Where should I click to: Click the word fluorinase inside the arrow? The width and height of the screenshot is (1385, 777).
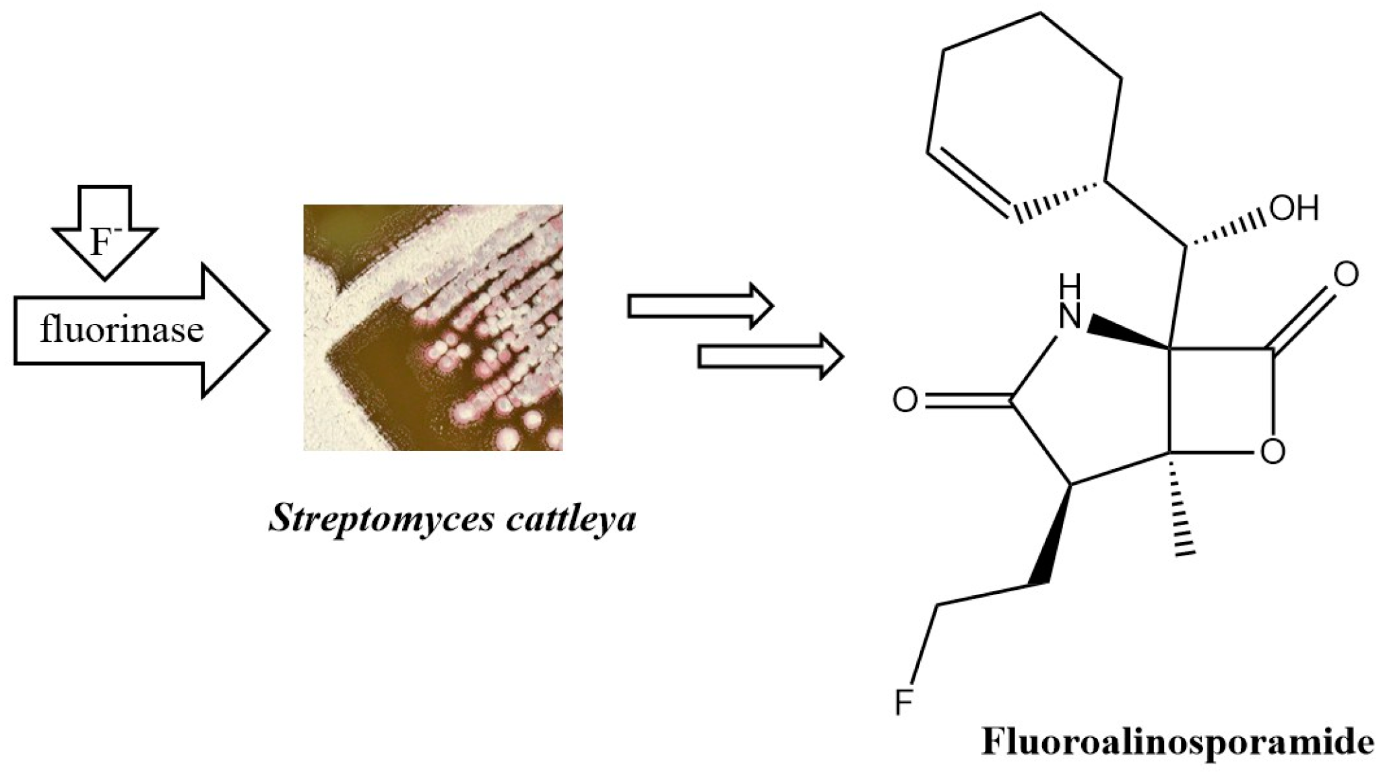121,330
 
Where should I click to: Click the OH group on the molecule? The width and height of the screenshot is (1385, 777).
1293,209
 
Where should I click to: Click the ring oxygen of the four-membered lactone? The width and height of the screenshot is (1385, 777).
1272,451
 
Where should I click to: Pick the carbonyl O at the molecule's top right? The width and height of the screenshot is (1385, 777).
1345,275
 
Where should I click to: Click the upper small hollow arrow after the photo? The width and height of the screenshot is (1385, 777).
700,306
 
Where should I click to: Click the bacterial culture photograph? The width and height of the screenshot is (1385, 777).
433,327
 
